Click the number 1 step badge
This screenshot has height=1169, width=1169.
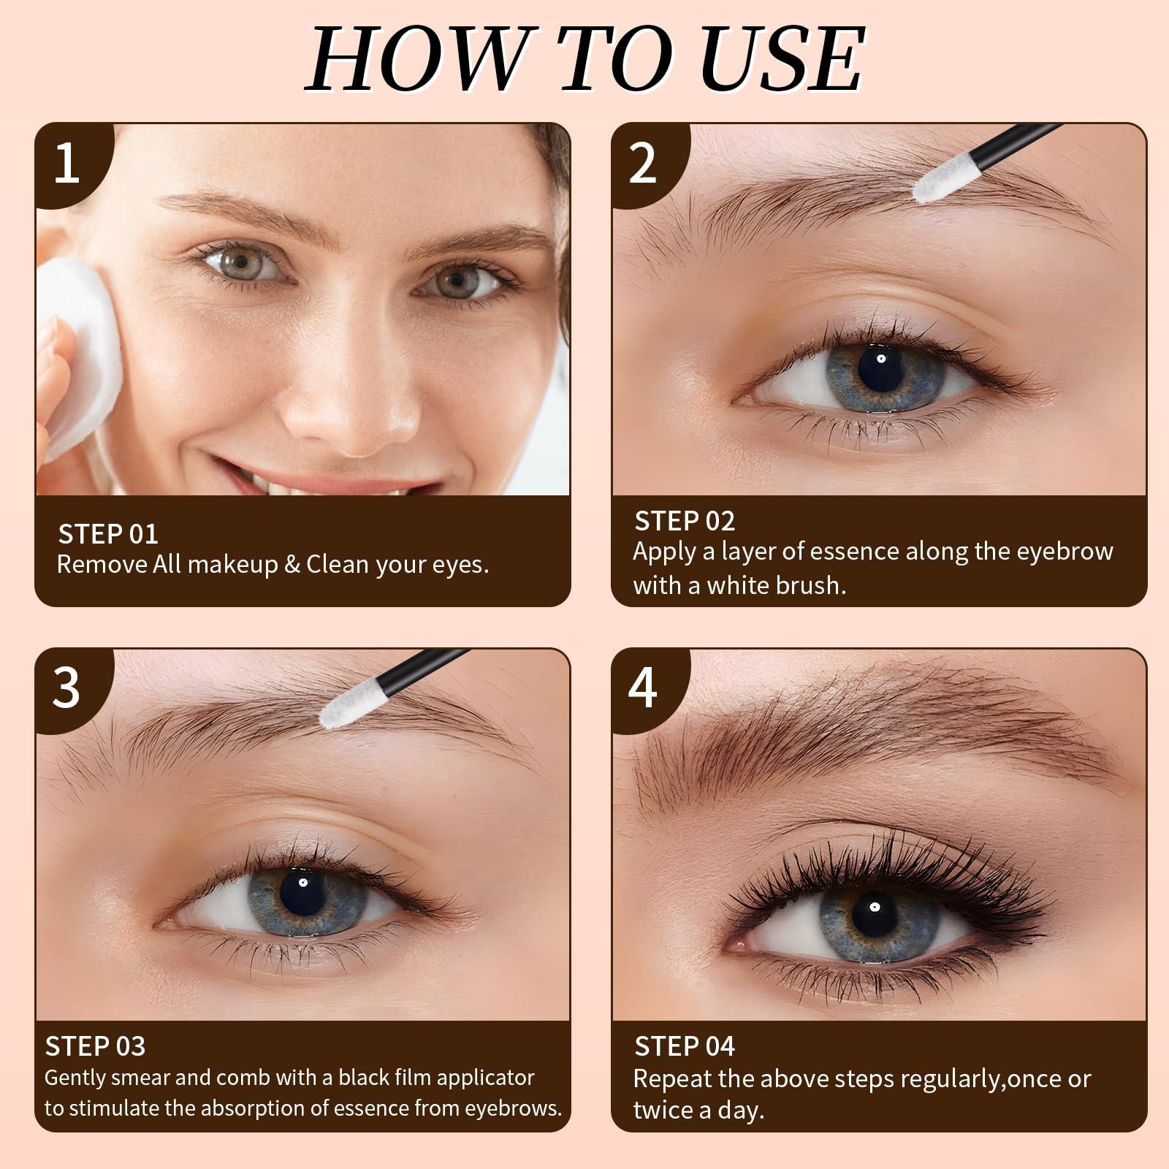[x=67, y=164]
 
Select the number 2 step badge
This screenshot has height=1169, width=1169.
[x=643, y=164]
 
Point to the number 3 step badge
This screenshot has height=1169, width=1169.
[x=67, y=688]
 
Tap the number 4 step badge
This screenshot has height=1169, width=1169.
[x=643, y=688]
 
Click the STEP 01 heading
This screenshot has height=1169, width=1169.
[x=108, y=534]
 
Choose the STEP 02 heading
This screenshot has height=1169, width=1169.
[x=685, y=521]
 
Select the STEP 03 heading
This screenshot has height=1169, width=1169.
[x=96, y=1046]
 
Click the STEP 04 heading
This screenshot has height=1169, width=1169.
[x=685, y=1046]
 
